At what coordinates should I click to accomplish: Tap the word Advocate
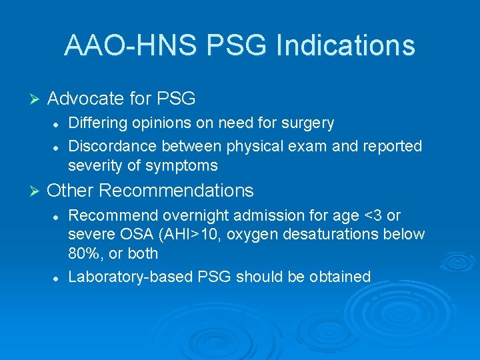point(86,99)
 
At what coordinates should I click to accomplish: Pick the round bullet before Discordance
point(59,146)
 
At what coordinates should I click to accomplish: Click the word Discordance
point(111,145)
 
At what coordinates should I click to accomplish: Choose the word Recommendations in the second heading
point(177,191)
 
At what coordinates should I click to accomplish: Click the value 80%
point(83,253)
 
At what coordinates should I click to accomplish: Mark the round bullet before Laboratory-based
point(59,277)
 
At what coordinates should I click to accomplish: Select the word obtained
point(340,276)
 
